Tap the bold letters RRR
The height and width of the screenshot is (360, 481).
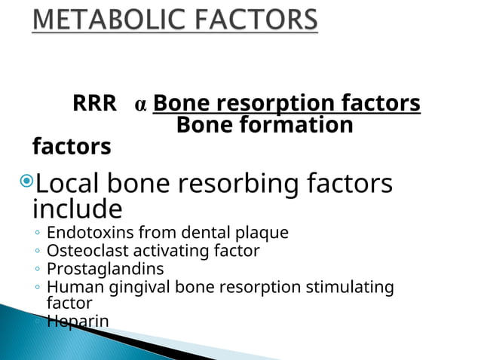[94, 104]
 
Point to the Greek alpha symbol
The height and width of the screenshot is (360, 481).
[140, 105]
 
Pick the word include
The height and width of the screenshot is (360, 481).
[77, 207]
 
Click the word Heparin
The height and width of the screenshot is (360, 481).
[78, 321]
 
